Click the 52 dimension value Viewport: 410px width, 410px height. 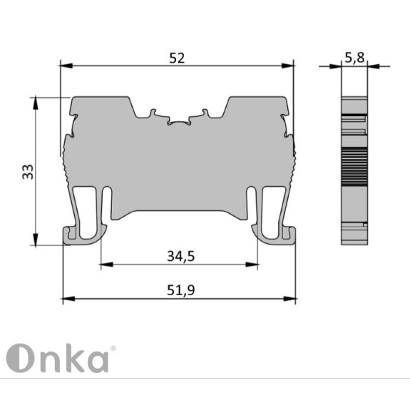coord(177,58)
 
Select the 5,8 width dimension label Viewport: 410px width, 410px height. coord(354,58)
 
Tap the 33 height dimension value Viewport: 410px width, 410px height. coord(28,172)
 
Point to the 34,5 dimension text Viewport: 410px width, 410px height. coord(181,256)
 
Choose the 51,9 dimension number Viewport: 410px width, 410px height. coord(181,290)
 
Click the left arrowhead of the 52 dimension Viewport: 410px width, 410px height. coord(66,66)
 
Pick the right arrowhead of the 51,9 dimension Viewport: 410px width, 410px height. coord(289,299)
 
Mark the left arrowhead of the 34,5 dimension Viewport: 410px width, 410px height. coord(107,265)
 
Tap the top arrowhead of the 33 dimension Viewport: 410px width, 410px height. coord(36,103)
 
